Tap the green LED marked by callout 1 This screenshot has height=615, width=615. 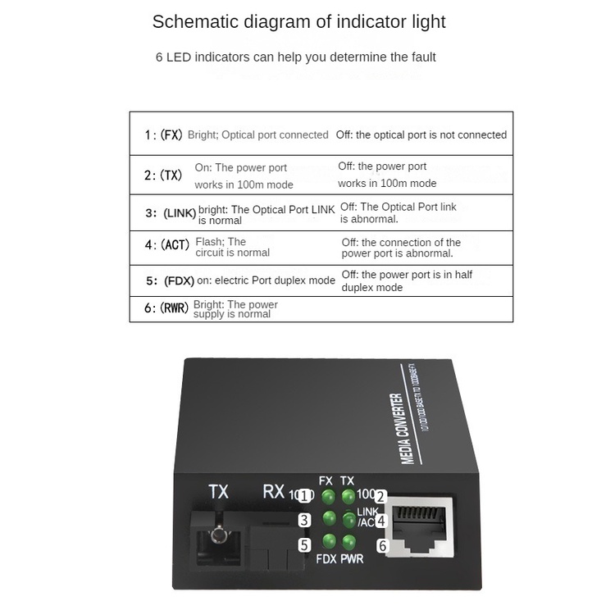point(328,497)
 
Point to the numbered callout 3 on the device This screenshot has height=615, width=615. point(304,519)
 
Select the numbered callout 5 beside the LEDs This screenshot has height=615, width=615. point(304,544)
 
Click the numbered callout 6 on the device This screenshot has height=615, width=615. point(381,545)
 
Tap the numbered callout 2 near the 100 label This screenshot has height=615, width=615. point(380,496)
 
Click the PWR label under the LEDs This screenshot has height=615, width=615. point(352,559)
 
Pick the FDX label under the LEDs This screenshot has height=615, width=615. point(326,559)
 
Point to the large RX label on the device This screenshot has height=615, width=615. point(273,492)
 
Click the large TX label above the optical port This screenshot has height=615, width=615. point(218,492)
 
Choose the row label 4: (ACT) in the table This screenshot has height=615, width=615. point(166,244)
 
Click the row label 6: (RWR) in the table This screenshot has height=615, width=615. point(166,308)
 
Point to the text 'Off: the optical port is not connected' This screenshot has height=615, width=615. point(421,134)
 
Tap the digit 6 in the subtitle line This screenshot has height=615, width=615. point(159,57)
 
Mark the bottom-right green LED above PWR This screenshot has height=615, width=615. point(349,541)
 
